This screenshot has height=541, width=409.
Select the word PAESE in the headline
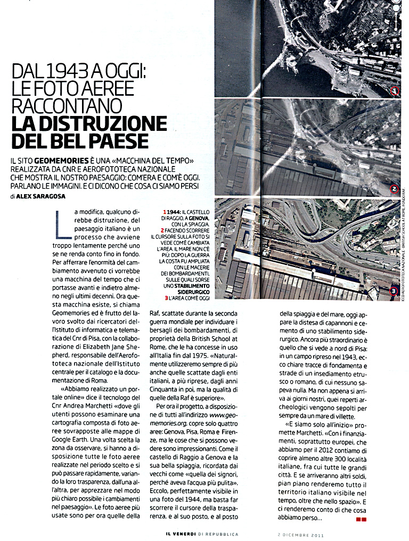click(118, 142)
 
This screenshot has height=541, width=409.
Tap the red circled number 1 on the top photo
click(395, 90)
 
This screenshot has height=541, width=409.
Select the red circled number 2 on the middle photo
click(395, 188)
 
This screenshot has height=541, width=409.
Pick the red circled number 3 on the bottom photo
click(394, 290)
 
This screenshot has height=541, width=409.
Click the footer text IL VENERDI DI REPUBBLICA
click(202, 533)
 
